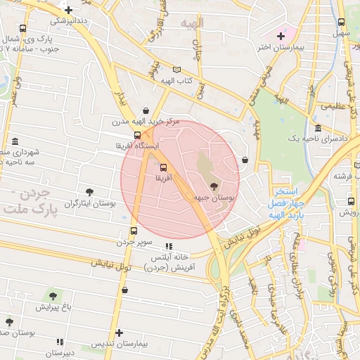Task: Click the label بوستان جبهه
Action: (x=214, y=199)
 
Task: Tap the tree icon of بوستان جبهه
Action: (x=214, y=187)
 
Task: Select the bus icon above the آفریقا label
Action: (x=163, y=167)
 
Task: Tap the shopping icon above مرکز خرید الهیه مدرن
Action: (x=146, y=110)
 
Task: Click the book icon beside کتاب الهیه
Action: (x=186, y=70)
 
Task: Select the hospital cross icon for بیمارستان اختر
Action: (x=281, y=35)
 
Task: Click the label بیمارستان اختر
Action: (x=264, y=47)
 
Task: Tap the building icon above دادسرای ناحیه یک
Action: (x=319, y=129)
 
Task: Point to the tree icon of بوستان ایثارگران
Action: (x=89, y=191)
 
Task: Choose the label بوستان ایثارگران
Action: (x=89, y=203)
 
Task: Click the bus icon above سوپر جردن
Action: (x=134, y=231)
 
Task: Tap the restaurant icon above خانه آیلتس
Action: (x=168, y=246)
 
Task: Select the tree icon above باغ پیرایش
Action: (x=53, y=295)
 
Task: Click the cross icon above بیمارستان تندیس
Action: (x=119, y=333)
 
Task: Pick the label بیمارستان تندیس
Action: (x=119, y=345)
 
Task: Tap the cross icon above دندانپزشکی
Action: (x=68, y=10)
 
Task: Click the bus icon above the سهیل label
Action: (x=341, y=22)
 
